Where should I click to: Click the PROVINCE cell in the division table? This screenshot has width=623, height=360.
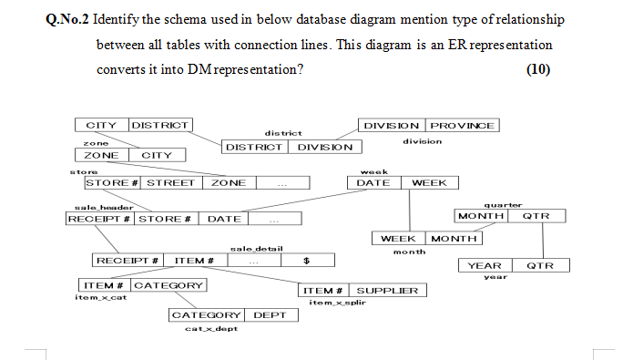pyautogui.click(x=463, y=126)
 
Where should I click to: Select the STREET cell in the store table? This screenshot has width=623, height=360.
pyautogui.click(x=171, y=183)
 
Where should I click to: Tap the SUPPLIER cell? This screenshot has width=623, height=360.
pyautogui.click(x=387, y=291)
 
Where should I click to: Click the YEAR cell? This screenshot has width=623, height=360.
pyautogui.click(x=485, y=266)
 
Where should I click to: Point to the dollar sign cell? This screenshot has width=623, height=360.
pyautogui.click(x=307, y=261)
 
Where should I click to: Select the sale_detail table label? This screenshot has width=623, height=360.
pyautogui.click(x=257, y=249)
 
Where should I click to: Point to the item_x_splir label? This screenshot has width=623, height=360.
pyautogui.click(x=336, y=303)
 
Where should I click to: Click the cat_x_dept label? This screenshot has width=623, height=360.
pyautogui.click(x=210, y=328)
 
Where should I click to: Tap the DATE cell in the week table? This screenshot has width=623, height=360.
pyautogui.click(x=373, y=183)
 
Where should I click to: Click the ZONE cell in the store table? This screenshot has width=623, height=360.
pyautogui.click(x=228, y=183)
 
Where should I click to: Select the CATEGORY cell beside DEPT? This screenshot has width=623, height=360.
pyautogui.click(x=207, y=315)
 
